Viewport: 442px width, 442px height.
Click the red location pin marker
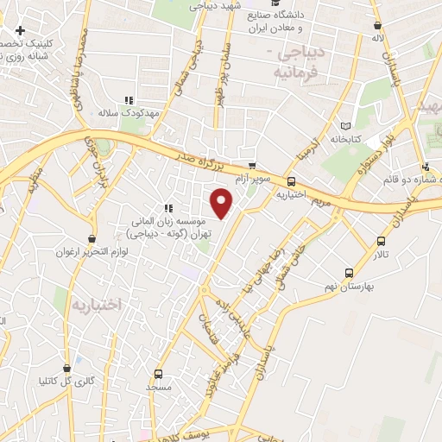(223, 202)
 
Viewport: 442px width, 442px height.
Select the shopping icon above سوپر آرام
(251, 165)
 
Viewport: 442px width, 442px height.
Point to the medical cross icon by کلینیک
(20, 31)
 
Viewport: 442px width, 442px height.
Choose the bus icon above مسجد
(158, 374)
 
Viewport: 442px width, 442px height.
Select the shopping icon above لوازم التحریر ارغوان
(92, 239)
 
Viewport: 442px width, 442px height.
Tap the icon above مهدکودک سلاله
(129, 101)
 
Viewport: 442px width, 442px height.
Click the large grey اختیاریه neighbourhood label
(98, 304)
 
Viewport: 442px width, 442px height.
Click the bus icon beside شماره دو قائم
(426, 167)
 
